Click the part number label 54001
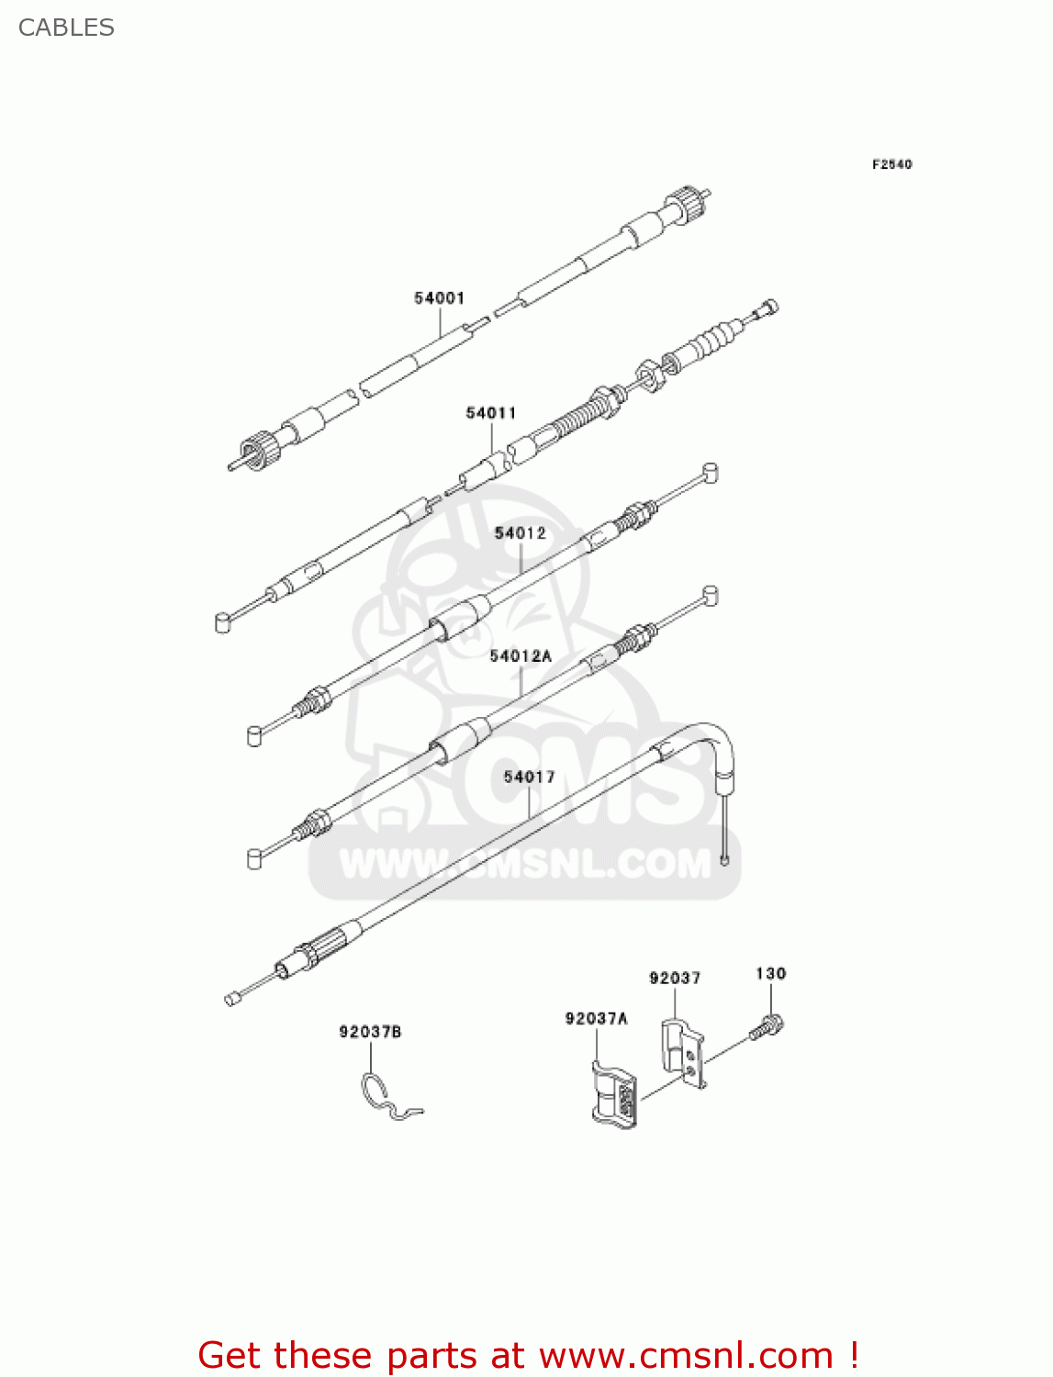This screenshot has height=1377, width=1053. click(x=439, y=298)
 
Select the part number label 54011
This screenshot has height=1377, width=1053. click(x=491, y=413)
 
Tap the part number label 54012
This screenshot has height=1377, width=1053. click(x=520, y=533)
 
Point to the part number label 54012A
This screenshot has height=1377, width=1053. click(x=521, y=656)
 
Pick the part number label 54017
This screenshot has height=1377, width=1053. click(x=529, y=778)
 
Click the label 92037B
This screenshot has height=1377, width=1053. click(x=370, y=1032)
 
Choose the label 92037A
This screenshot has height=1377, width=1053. click(x=596, y=1018)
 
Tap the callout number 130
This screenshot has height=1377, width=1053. click(x=770, y=974)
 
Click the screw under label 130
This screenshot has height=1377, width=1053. click(x=767, y=1026)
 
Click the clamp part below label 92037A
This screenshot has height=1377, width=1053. click(x=614, y=1094)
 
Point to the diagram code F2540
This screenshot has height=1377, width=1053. click(x=891, y=164)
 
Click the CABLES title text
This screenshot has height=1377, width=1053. click(x=66, y=28)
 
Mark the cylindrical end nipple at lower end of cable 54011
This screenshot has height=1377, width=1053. click(x=222, y=623)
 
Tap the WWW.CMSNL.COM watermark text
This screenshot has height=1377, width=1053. click(x=525, y=864)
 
